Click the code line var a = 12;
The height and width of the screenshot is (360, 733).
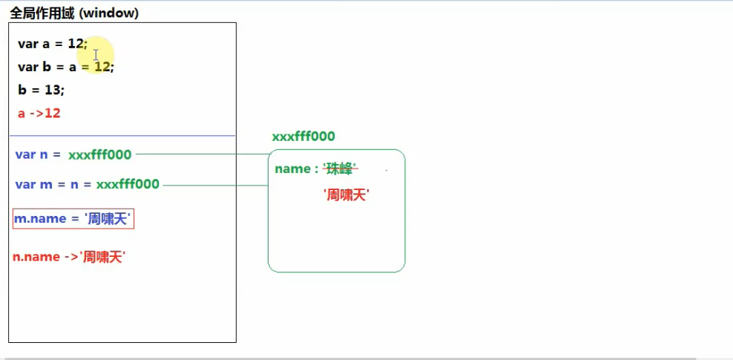tap(52, 44)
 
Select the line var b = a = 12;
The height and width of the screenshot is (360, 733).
tap(66, 67)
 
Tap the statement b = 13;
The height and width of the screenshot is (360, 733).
tap(42, 90)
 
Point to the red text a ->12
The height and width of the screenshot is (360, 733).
tap(39, 114)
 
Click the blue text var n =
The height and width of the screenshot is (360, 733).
tap(38, 154)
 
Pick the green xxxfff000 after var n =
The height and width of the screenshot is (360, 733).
tap(100, 154)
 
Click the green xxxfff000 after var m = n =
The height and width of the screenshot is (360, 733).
tap(128, 184)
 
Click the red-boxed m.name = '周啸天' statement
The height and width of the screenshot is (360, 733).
tap(73, 219)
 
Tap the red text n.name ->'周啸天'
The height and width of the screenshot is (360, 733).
tap(69, 257)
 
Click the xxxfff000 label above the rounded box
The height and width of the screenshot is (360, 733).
tap(303, 137)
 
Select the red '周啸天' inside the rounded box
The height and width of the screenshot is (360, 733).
tap(346, 195)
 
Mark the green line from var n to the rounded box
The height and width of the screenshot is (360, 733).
tap(200, 154)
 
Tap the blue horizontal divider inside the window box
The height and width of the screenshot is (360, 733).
tap(122, 136)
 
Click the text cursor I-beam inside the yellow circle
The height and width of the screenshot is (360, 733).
tap(96, 55)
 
